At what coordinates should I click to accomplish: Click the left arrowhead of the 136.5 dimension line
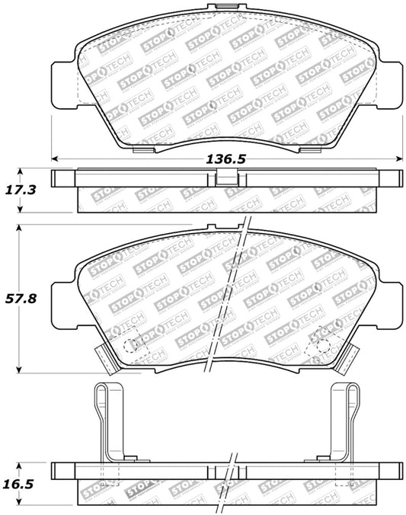click(x=55, y=159)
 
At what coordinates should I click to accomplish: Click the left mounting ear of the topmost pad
click(x=62, y=79)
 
